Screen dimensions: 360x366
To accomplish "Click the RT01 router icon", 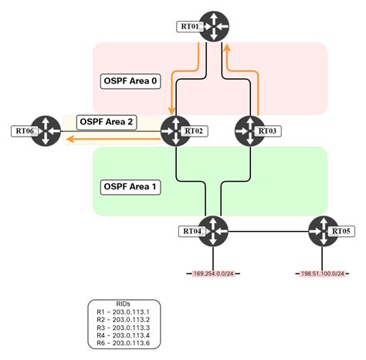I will point(212,26).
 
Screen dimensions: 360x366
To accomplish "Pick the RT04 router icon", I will point(214,231).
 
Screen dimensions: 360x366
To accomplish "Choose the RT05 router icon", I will point(322,231).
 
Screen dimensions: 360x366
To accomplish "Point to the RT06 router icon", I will point(47,130).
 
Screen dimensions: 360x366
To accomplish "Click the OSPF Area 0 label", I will point(132,80).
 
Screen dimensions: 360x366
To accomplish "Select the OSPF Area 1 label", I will point(132,187).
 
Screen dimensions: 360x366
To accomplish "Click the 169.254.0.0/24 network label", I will point(214,273).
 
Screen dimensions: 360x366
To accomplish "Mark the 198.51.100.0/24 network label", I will point(322,273).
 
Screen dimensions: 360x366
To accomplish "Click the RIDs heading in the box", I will point(124,304).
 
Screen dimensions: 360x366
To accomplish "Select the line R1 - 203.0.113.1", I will point(124,312).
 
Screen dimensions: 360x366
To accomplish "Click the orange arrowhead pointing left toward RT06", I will point(69,140).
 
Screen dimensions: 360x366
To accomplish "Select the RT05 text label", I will point(341,231).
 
